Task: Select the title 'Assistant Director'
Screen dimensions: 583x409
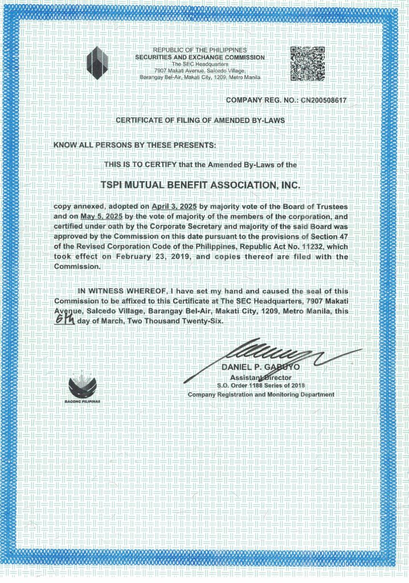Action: [260, 377]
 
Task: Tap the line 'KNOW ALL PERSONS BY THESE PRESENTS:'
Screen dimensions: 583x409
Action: [134, 145]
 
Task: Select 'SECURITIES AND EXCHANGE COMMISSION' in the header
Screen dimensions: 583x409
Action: [199, 58]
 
